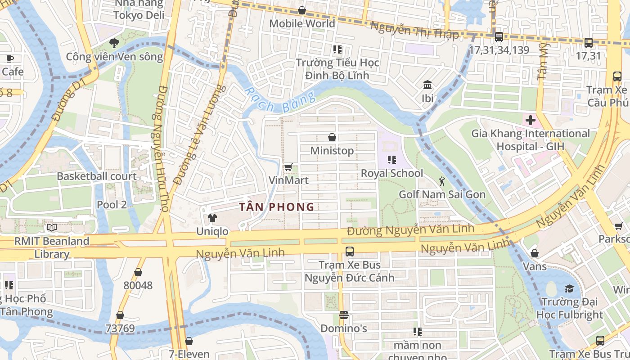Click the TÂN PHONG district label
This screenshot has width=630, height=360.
click(x=276, y=207)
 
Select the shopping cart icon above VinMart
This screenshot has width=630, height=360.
click(x=288, y=167)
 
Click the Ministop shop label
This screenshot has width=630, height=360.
click(x=332, y=150)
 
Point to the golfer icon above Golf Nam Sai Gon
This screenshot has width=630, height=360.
click(x=442, y=181)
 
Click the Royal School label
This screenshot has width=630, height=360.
click(x=392, y=173)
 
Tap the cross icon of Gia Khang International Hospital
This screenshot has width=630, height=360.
click(x=531, y=120)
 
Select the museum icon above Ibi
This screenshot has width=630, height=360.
click(x=427, y=85)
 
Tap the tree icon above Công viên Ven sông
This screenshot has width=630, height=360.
click(x=114, y=43)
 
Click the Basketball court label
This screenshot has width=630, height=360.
click(x=96, y=176)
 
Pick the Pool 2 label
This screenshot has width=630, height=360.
click(x=112, y=205)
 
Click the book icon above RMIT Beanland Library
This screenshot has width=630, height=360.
click(x=52, y=228)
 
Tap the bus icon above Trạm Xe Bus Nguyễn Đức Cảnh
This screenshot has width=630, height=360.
click(x=349, y=252)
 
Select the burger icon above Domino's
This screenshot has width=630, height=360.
click(x=344, y=315)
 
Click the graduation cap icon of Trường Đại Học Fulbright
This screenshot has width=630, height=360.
click(x=570, y=288)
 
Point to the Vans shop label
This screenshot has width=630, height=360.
click(x=535, y=266)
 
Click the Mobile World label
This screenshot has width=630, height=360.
click(x=302, y=23)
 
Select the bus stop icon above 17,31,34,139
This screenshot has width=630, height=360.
click(x=499, y=37)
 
